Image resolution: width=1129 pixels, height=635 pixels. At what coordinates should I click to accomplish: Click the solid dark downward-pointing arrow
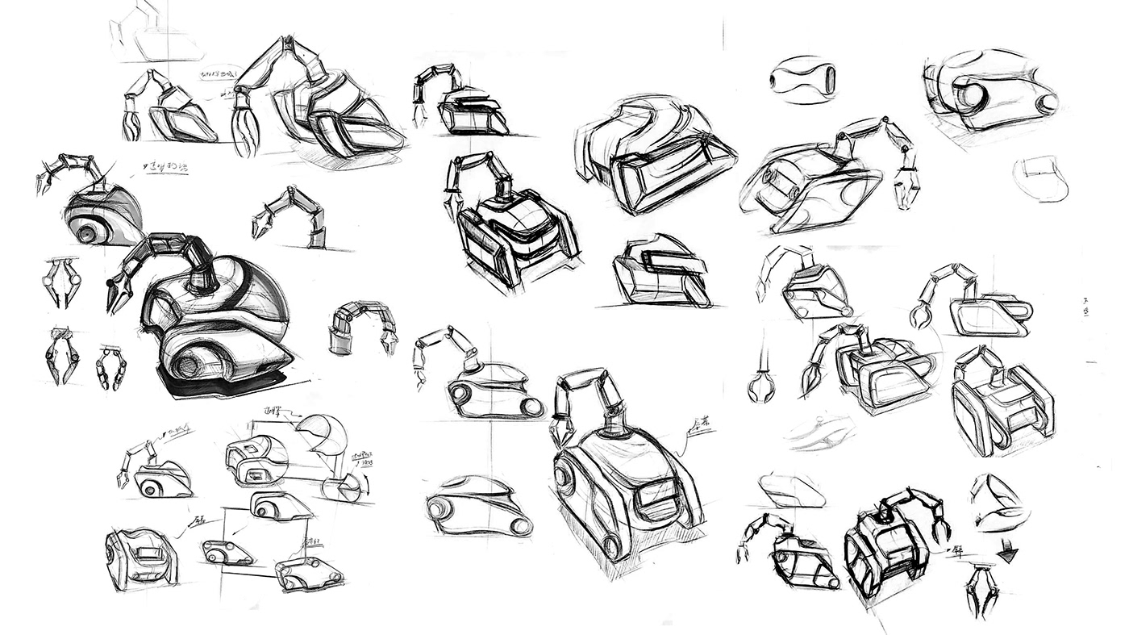[x=1007, y=554]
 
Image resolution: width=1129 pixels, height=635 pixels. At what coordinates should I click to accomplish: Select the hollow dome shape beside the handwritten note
[x=322, y=434]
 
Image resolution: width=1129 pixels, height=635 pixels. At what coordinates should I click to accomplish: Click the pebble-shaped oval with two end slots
[x=802, y=79]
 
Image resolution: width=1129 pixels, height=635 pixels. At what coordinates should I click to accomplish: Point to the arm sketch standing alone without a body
[x=292, y=216]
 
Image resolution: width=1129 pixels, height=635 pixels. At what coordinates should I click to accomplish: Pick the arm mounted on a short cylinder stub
[x=361, y=326]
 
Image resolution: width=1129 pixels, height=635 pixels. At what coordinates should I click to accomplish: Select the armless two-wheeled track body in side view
[x=478, y=507]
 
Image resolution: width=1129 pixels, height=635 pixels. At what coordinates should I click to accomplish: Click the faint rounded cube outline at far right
[x=1042, y=179]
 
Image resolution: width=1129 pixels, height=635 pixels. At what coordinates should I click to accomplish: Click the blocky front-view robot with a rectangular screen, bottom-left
[x=141, y=556]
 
